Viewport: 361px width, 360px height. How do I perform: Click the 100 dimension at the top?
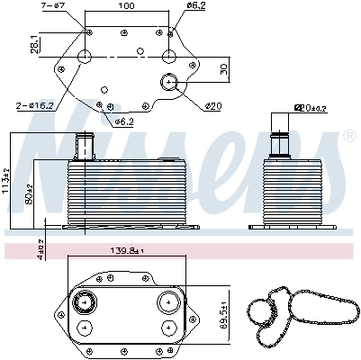click(125, 6)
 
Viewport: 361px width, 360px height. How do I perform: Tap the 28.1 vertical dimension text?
click(33, 43)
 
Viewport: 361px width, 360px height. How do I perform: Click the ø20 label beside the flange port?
click(213, 107)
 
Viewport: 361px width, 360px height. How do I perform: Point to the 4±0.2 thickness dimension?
click(15, 247)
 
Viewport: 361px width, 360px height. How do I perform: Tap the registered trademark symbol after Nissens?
click(349, 137)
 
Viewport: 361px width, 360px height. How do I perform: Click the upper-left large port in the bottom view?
click(86, 301)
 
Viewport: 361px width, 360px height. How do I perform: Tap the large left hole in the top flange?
click(86, 58)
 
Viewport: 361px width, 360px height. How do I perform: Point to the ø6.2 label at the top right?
click(196, 6)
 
